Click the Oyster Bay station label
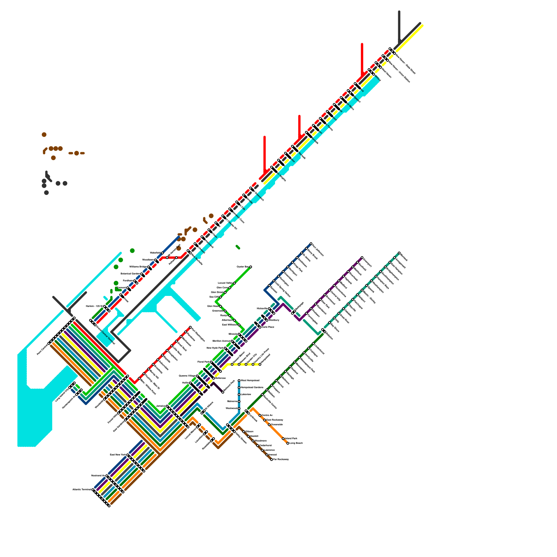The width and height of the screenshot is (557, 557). point(242,267)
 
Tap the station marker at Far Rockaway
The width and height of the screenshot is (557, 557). point(272,460)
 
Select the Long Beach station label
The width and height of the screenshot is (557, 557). point(296,443)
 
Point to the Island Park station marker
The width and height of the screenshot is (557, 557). point(283,439)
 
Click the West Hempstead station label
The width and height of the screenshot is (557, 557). point(250,381)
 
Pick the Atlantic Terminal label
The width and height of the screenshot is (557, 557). point(82,489)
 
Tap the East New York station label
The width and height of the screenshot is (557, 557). point(118,455)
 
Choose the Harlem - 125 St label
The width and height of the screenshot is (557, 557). point(94,306)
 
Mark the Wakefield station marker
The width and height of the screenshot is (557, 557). point(163,253)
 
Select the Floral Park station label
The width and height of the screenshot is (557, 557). point(203,362)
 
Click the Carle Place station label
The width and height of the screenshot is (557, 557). point(268,327)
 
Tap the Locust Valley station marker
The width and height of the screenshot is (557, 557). point(234,283)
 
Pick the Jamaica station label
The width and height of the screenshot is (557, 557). point(161,406)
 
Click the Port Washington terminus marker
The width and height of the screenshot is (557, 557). point(190,327)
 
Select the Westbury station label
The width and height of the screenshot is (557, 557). point(274,320)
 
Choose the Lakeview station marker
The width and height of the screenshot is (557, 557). point(239,394)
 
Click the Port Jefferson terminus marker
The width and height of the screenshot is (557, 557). point(311,244)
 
